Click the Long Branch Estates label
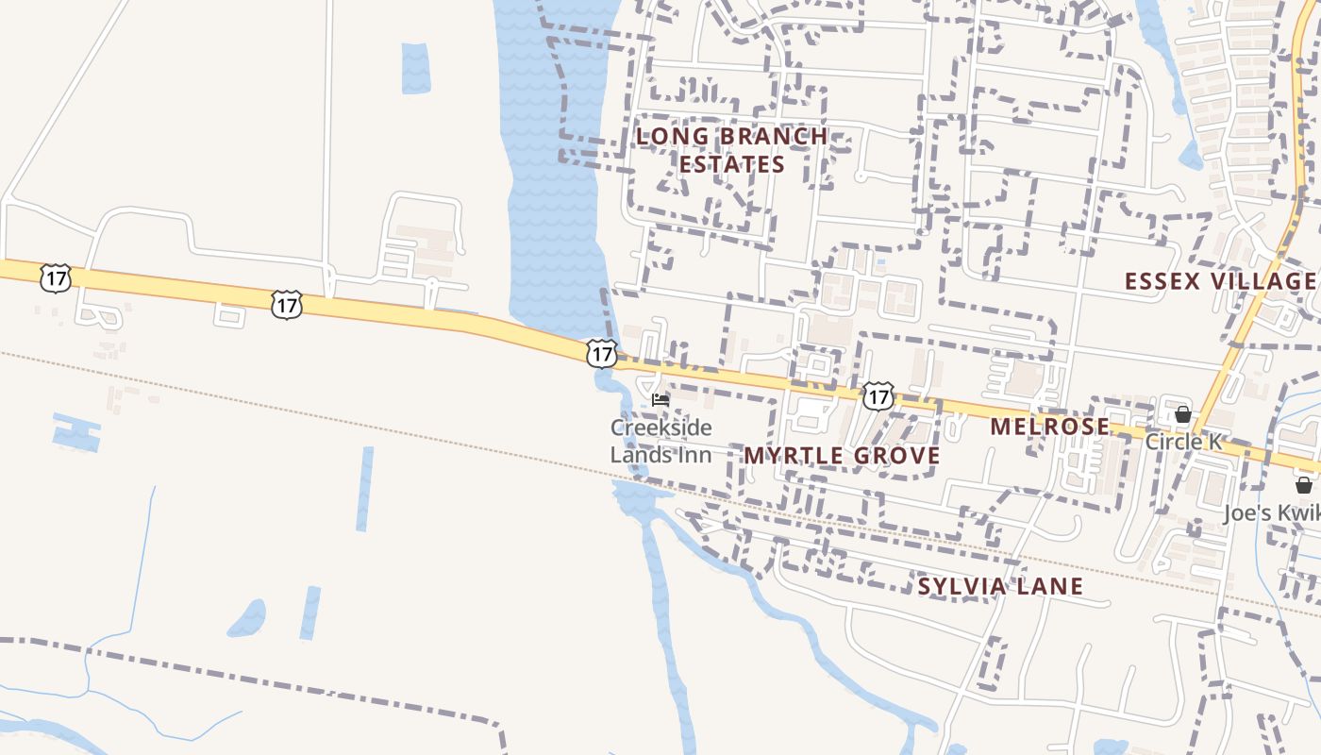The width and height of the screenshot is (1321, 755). (x=731, y=150)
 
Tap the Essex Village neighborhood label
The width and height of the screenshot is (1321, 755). (x=1220, y=281)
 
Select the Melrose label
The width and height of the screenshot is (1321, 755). (x=1049, y=427)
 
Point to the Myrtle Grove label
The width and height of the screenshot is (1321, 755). (x=842, y=456)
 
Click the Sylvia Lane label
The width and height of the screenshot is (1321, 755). (x=1000, y=586)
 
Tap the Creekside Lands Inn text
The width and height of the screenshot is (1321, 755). (x=660, y=441)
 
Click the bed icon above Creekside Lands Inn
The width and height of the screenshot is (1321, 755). (x=660, y=400)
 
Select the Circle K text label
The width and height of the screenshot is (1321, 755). (x=1184, y=441)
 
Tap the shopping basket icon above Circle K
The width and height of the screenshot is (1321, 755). (x=1182, y=414)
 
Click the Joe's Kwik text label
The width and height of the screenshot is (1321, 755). (x=1271, y=512)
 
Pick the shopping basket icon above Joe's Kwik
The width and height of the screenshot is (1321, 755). (x=1303, y=485)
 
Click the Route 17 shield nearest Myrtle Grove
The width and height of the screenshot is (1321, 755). (x=878, y=396)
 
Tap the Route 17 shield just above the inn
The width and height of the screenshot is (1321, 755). (x=601, y=354)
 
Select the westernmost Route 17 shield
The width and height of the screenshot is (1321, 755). (x=56, y=278)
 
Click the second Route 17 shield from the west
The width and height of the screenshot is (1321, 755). (x=286, y=305)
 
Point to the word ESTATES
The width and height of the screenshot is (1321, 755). (x=731, y=164)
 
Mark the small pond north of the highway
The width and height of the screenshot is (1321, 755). (x=415, y=68)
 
